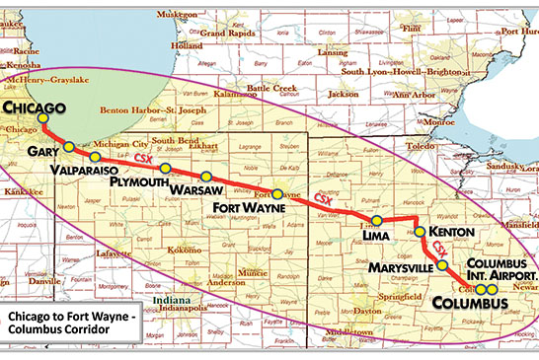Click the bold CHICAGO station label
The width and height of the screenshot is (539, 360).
(35, 107)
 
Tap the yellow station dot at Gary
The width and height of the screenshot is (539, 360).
(69, 147)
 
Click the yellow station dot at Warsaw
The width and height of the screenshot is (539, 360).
(206, 176)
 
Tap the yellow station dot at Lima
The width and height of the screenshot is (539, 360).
(376, 219)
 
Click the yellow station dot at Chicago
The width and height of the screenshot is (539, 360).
(42, 120)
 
